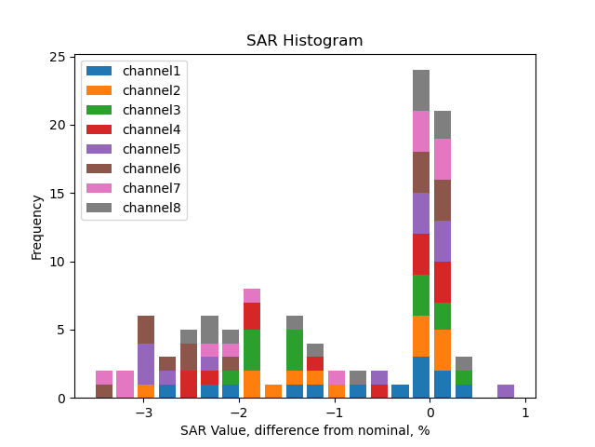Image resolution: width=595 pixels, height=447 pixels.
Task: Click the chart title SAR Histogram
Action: pyautogui.click(x=304, y=41)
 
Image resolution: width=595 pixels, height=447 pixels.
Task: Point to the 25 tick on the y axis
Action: pyautogui.click(x=58, y=58)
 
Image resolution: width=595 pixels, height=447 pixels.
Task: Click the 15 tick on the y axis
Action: pyautogui.click(x=58, y=194)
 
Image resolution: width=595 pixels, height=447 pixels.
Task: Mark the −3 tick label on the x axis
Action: pyautogui.click(x=143, y=413)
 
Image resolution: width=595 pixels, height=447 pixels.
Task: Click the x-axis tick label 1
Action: pyautogui.click(x=525, y=413)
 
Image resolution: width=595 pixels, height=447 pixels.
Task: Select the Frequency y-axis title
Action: pyautogui.click(x=37, y=227)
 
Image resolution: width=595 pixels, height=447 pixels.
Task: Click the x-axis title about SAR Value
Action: pyautogui.click(x=304, y=430)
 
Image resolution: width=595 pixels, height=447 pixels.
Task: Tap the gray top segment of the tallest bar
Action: pyautogui.click(x=421, y=90)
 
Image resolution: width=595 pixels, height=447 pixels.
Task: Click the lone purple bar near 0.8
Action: pyautogui.click(x=506, y=391)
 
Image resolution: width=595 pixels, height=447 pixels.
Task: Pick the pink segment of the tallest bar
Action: pyautogui.click(x=421, y=131)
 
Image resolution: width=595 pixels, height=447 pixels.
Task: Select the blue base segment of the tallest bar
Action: pyautogui.click(x=421, y=377)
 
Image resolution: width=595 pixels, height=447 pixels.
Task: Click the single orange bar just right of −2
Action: pyautogui.click(x=273, y=391)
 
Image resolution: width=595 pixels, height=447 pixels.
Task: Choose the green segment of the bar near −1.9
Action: pyautogui.click(x=252, y=350)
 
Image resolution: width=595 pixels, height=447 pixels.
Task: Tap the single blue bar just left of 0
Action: pyautogui.click(x=400, y=391)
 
